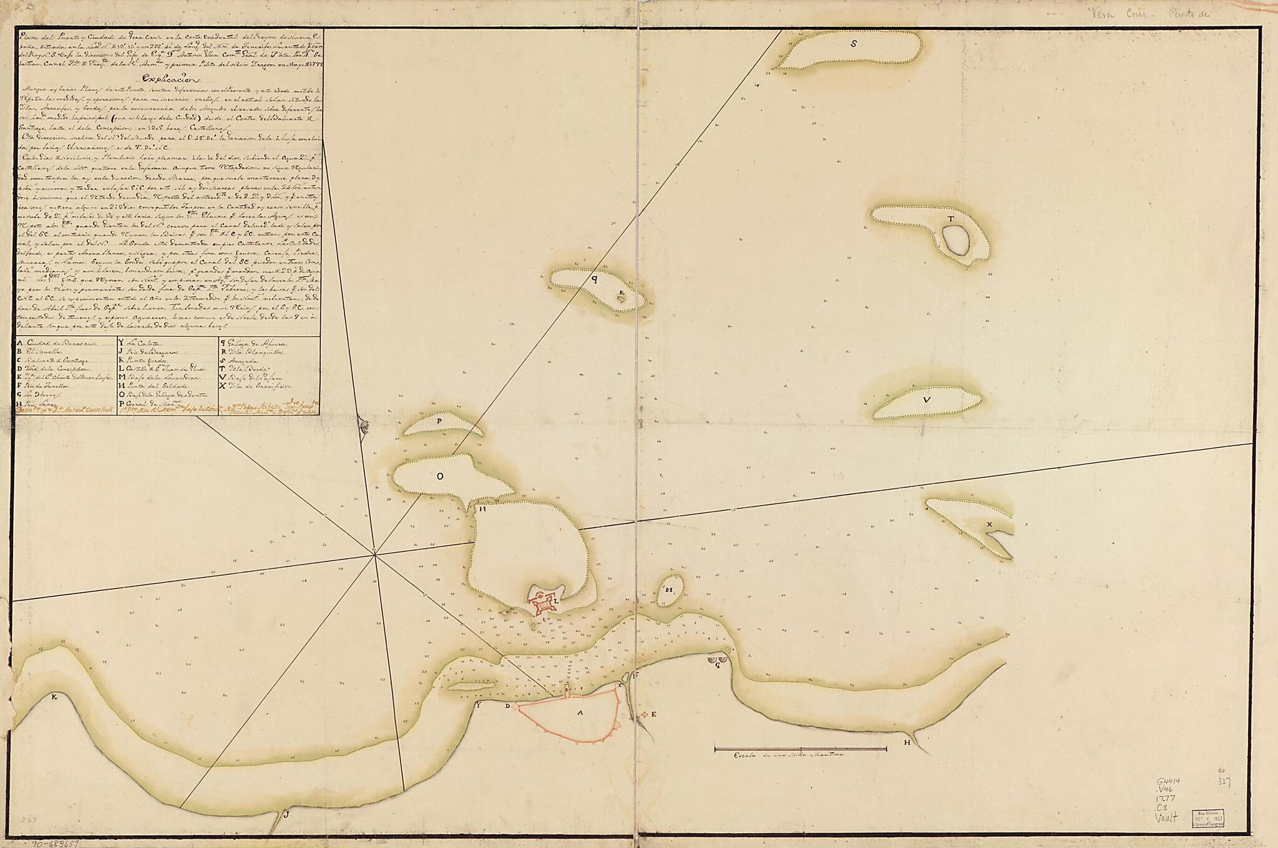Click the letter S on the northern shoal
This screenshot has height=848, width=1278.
coord(854,44)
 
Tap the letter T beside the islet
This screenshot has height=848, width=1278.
coord(950,219)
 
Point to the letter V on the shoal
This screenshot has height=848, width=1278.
coord(927,401)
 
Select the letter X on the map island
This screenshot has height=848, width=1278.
coord(989,524)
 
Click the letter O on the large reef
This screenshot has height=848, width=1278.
coord(439,477)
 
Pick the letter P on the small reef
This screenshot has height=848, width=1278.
coord(439,421)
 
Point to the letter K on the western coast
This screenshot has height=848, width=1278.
coord(54,697)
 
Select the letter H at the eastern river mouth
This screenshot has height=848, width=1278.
coord(907,743)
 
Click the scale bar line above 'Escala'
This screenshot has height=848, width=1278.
coord(800,748)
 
